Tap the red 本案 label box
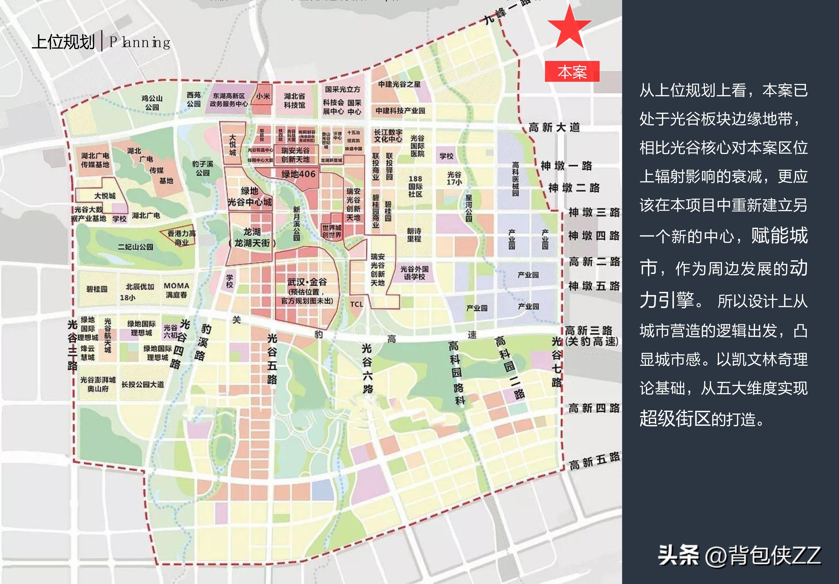point(572,72)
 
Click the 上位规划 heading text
point(63,42)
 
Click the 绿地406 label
point(298,174)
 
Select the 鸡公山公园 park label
point(152,103)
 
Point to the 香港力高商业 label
point(181,238)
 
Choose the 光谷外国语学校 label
point(414,273)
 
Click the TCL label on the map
point(356,304)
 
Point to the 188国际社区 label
point(415,186)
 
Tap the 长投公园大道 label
point(142,384)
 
